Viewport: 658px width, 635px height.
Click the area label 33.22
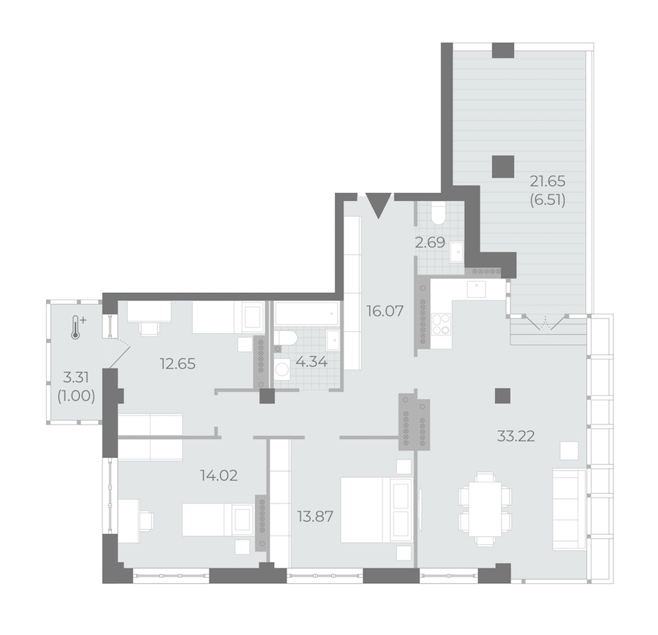(515, 437)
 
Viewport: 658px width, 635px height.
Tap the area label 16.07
(385, 311)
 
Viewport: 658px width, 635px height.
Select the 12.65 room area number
(178, 364)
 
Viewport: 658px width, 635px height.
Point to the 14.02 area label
(219, 476)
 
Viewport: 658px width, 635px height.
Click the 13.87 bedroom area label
(315, 517)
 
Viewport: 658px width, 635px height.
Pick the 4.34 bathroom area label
(311, 362)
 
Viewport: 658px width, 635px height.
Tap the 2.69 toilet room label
(430, 243)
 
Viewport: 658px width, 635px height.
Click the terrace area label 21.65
(548, 182)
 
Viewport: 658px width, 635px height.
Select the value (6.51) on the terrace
(548, 200)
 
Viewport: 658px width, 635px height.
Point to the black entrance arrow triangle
(379, 205)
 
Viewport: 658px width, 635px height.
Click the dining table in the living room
(485, 509)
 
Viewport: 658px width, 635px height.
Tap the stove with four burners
(441, 324)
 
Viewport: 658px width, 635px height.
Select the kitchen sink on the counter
(476, 289)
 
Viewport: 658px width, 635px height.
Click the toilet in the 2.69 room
(439, 213)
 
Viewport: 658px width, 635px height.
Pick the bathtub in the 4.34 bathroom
(307, 313)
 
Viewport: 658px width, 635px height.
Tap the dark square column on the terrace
(503, 166)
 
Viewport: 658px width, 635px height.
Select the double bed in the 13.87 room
(377, 510)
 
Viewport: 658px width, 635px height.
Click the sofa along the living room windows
(569, 509)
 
